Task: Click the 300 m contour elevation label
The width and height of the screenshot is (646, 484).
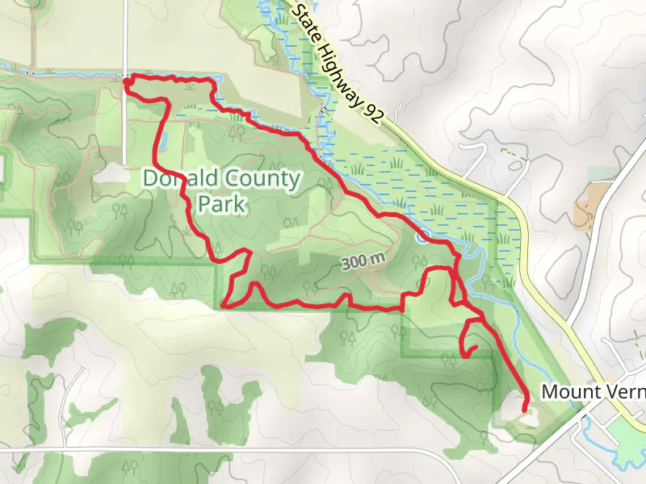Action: [363, 261]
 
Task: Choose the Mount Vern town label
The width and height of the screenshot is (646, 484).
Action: [593, 392]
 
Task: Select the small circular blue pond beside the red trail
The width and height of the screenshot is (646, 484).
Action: [423, 237]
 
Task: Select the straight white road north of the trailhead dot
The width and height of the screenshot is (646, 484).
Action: [125, 36]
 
